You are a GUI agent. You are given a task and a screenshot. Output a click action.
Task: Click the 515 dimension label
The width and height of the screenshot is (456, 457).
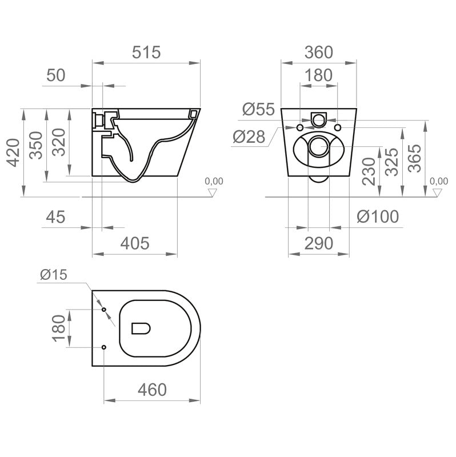pos(146,53)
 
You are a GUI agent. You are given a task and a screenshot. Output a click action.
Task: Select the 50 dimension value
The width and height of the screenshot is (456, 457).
pos(55,75)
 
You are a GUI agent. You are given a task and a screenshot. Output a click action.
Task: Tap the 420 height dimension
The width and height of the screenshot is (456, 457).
pos(14,153)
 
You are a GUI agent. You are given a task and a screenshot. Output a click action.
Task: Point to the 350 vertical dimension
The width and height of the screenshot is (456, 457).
pos(36,145)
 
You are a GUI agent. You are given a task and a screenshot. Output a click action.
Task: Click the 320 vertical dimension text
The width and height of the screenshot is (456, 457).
pos(59,142)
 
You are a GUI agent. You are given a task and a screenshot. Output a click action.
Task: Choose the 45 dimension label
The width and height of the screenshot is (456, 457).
pos(55,217)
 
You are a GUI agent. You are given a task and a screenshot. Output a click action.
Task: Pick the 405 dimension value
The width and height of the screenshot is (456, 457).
pos(135,243)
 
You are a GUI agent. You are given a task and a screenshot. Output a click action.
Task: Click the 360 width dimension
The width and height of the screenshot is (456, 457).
pos(319,53)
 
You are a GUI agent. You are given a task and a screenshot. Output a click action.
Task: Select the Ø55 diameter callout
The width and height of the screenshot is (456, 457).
pos(258,109)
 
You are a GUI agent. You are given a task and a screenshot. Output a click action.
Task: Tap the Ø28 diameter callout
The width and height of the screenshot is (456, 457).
pos(249,137)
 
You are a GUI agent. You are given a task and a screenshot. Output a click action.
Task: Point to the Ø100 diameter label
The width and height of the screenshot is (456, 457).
pos(378,217)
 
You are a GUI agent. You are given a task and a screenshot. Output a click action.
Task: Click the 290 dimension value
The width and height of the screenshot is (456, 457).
pos(319,243)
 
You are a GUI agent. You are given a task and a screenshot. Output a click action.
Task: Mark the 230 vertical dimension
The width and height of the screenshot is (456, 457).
pos(369,171)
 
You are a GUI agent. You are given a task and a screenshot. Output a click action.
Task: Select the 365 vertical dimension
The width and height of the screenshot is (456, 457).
pos(415,158)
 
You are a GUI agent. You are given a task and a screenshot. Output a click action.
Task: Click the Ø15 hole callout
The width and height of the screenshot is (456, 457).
pos(54,275)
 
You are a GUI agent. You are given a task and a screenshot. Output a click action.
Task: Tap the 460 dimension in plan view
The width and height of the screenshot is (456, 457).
pos(152,390)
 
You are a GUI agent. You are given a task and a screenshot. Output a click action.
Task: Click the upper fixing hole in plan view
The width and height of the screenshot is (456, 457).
pos(104,310)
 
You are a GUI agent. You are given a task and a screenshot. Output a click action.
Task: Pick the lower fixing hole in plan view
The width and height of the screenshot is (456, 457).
pos(104,347)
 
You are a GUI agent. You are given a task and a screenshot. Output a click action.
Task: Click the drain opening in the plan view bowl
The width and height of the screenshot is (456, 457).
pos(141,328)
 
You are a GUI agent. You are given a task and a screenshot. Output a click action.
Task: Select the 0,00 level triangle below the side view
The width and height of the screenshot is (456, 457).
pos(213,193)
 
